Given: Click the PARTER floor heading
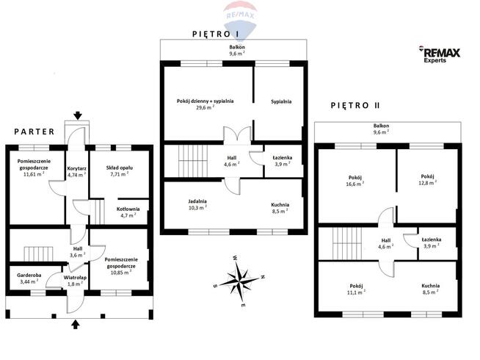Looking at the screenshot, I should [x=34, y=132].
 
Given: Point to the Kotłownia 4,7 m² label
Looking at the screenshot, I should [x=128, y=212].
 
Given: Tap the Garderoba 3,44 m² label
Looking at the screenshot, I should [x=29, y=278].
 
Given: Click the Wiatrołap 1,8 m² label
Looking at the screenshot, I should [x=76, y=280].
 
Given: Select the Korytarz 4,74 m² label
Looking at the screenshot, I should [x=76, y=171].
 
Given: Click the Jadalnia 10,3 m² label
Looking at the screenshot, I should [x=197, y=204].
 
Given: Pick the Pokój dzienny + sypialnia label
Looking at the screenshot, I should [x=205, y=104].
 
